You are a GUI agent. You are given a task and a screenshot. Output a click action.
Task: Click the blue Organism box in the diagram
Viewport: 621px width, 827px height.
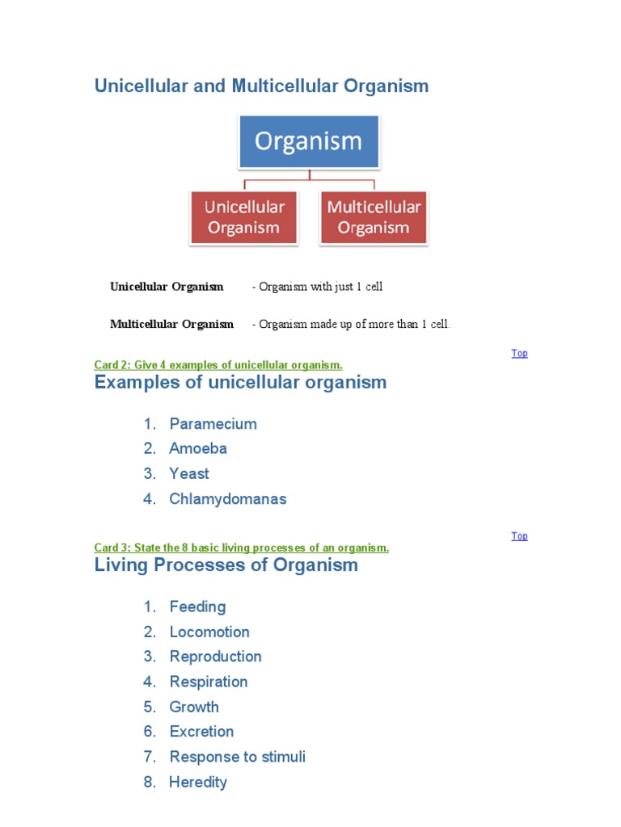[308, 141]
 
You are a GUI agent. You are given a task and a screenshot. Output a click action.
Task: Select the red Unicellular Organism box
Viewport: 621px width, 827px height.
[244, 217]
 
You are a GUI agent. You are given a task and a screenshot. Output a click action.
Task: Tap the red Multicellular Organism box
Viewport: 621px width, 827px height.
[374, 217]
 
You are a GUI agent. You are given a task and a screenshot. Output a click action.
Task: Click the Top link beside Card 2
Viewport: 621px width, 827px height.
[519, 353]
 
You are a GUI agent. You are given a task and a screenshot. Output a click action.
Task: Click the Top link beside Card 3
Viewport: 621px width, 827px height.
[519, 535]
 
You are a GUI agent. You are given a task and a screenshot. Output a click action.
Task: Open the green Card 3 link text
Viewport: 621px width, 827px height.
[242, 548]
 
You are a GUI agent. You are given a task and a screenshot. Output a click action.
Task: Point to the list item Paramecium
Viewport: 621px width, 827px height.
[213, 424]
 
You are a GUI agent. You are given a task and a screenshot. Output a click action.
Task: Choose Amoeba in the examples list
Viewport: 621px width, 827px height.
[198, 448]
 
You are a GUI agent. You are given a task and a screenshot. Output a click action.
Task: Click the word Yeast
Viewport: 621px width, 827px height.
[189, 473]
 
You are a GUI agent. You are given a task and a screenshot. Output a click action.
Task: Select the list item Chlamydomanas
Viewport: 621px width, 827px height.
[227, 499]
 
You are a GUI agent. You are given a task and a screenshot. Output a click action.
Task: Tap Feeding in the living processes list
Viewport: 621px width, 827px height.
[197, 607]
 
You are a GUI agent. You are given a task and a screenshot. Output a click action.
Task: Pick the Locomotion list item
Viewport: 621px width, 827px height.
[209, 632]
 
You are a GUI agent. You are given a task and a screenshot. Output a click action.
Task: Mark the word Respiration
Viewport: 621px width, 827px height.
[209, 682]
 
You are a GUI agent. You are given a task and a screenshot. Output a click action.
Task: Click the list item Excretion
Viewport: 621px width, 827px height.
[201, 732]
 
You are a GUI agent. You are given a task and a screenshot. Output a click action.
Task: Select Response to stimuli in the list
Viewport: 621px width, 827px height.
[237, 757]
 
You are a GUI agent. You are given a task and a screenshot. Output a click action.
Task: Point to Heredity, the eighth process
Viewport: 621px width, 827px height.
[198, 782]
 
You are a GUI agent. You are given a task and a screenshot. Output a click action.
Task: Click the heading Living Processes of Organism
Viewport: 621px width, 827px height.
[226, 565]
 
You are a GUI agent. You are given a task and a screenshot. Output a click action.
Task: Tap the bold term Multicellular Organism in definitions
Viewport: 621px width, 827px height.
[171, 324]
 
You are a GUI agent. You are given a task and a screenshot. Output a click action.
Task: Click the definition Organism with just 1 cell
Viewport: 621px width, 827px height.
[318, 287]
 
